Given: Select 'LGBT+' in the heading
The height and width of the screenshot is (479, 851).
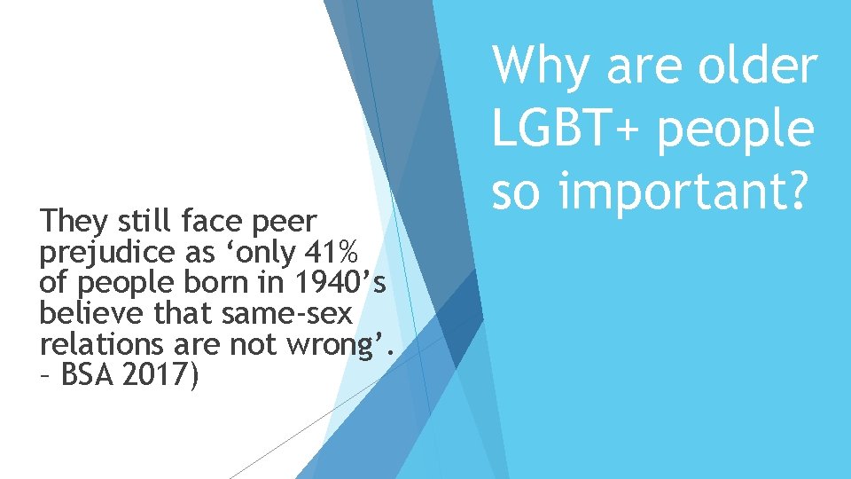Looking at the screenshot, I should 565,129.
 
